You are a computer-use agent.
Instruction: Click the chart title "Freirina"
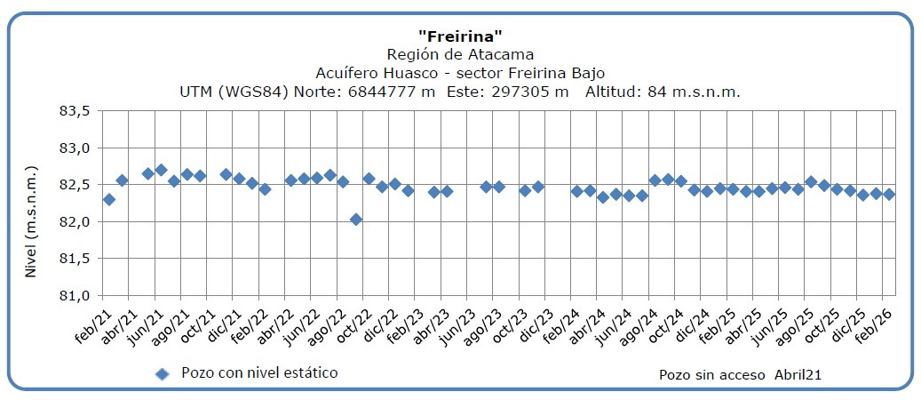tap(460, 36)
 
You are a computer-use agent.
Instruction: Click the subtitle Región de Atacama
tap(460, 54)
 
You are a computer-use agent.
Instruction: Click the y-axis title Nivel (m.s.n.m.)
tap(30, 221)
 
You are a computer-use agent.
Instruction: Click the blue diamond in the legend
tap(162, 373)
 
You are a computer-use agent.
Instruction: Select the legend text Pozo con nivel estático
tap(259, 372)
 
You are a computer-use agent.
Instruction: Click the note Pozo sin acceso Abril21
tap(740, 375)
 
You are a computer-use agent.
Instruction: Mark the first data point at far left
tap(109, 199)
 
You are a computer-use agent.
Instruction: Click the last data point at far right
tap(888, 194)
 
